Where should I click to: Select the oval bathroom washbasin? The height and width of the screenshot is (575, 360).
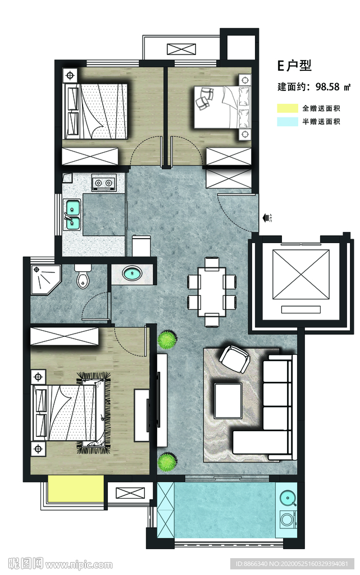click(131, 273)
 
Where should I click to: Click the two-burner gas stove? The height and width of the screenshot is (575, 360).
click(103, 182)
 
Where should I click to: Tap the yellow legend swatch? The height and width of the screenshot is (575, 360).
click(288, 108)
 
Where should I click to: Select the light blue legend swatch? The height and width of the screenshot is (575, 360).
click(288, 121)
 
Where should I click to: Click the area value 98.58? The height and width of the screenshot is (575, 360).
click(327, 87)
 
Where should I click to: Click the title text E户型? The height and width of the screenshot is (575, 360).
click(294, 65)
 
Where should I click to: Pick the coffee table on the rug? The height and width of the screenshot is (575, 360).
click(229, 400)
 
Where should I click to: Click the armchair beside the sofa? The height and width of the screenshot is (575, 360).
click(235, 359)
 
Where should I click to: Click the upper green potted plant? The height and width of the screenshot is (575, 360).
click(167, 340)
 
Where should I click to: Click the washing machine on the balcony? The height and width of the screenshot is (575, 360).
click(288, 519)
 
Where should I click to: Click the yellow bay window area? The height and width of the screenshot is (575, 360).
click(75, 489)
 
